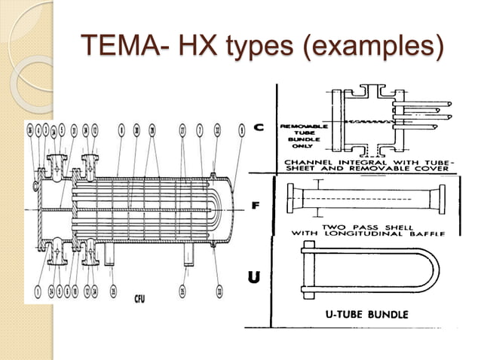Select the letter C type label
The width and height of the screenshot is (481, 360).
click(258, 129)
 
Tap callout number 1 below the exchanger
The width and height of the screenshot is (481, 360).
click(37, 288)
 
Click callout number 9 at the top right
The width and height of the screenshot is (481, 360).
click(241, 130)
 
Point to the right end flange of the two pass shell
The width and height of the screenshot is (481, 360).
click(437, 204)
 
